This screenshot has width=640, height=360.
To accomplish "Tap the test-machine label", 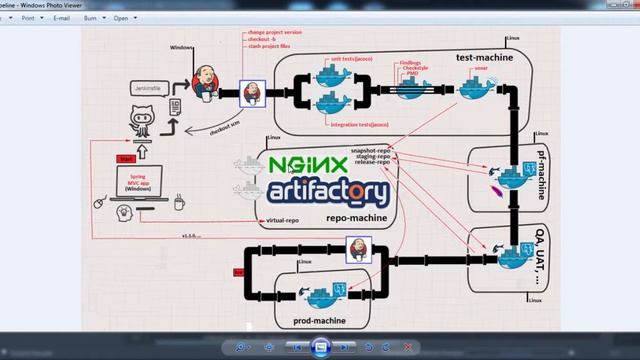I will tap(484, 57).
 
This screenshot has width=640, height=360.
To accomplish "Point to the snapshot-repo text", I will tap(370, 150).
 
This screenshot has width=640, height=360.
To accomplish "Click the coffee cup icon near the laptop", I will tap(179, 203).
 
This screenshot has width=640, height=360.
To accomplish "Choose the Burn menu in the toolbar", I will tap(92, 18).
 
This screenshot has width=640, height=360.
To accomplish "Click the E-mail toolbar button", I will tap(61, 18).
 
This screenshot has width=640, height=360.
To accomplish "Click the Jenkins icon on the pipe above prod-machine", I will tap(358, 249).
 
